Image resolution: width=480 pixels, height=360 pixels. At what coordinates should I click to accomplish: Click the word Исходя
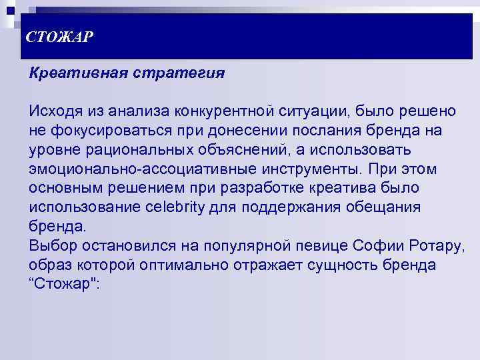coord(55,110)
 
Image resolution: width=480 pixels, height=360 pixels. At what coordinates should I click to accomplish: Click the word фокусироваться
coord(108,129)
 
